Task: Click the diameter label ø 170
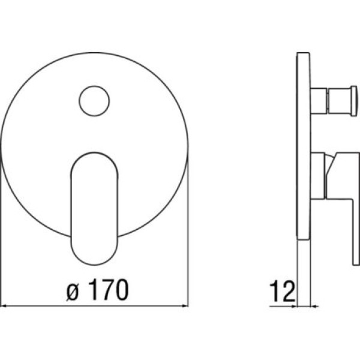98,290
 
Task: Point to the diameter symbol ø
73,292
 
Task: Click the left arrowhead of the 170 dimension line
4,305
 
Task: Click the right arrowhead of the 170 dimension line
185,305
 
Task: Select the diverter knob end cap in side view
354,101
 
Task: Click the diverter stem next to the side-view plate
319,101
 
